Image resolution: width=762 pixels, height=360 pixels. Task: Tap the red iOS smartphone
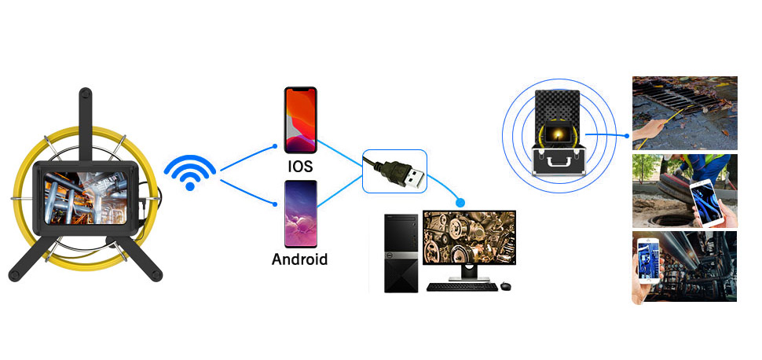point(300,120)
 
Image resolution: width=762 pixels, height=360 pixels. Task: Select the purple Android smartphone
point(300,214)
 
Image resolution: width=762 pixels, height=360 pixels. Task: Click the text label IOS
point(299,167)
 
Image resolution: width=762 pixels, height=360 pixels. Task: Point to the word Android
point(299,259)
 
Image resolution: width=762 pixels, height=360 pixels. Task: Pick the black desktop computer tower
point(401,253)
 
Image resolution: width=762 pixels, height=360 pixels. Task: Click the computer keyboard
point(462,287)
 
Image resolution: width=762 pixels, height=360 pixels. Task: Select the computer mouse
point(506,285)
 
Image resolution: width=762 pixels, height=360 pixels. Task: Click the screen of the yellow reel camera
point(86,197)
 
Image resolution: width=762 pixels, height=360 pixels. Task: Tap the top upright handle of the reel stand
point(86,124)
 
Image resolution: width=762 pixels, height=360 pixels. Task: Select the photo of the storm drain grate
point(685,113)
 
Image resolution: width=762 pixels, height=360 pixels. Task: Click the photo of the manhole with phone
point(685,191)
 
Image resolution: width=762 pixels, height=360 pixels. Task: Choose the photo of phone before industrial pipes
point(685,267)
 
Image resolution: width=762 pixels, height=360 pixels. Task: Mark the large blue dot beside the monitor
point(460,202)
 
